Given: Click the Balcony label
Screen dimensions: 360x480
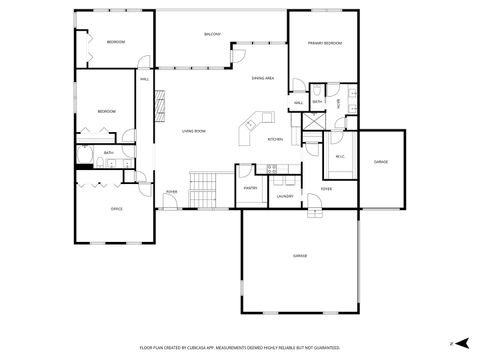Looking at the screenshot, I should pos(212,35).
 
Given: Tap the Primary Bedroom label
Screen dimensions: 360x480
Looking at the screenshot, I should pos(324,44).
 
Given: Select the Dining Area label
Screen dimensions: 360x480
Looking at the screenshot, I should pos(262,77).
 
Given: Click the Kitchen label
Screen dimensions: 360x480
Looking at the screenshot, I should pos(275,139).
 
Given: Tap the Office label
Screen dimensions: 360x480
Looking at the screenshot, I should pos(116,208).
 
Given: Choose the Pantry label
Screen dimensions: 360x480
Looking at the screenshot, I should pos(250,186).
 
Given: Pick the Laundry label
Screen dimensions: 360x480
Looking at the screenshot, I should pos(284,197).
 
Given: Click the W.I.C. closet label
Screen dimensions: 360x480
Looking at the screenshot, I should pos(339,155).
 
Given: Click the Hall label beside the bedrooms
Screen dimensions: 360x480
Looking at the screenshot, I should pos(144,79).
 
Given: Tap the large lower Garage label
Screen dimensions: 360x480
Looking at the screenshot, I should pos(299,256).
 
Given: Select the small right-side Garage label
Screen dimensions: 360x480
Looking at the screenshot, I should pos(381,161).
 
